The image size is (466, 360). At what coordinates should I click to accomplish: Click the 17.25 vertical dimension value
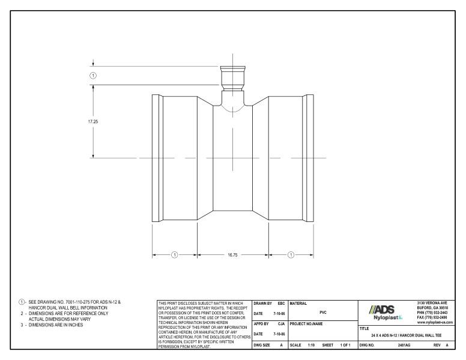(92, 121)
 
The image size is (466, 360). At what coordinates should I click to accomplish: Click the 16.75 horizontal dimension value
(232, 254)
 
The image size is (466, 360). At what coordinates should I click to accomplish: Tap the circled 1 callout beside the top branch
(93, 75)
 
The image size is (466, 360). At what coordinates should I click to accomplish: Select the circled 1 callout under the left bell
(175, 254)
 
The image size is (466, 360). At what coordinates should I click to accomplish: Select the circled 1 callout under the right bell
(291, 254)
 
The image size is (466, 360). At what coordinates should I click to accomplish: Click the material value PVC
(323, 312)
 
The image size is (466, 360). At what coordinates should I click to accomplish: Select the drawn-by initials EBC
(280, 303)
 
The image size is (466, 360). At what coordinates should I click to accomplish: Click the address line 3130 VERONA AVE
(435, 303)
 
